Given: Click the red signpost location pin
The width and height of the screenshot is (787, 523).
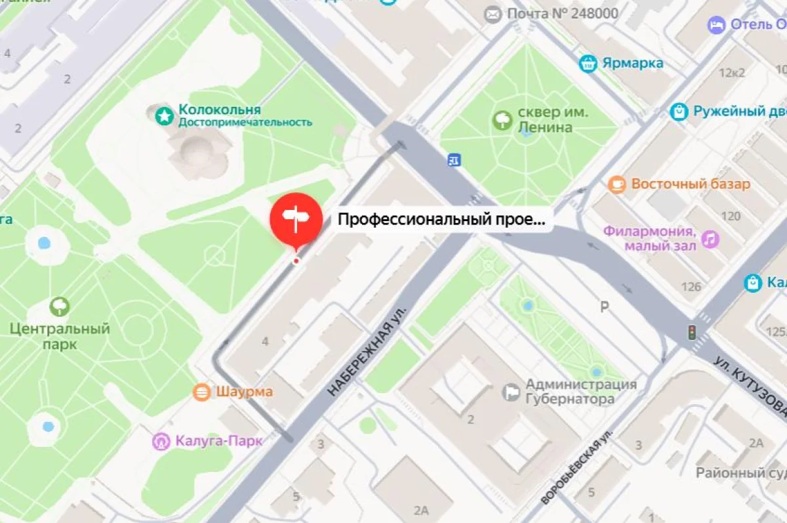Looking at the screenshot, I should click(x=296, y=219).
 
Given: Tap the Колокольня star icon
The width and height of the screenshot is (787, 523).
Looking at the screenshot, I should click(x=164, y=116).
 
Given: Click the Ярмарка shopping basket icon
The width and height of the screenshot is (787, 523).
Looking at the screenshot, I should click(x=588, y=64).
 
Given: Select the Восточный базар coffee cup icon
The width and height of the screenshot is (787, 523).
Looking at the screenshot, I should click(x=617, y=184).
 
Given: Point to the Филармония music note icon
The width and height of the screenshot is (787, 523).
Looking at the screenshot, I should click(x=709, y=239).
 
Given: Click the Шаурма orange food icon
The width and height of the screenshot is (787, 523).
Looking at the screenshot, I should click(x=201, y=392).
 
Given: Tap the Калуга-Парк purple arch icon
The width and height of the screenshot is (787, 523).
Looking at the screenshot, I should click(x=161, y=441).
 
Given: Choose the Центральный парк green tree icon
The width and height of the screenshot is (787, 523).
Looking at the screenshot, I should click(x=60, y=306).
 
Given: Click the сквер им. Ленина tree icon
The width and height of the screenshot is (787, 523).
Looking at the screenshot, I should click(x=502, y=119).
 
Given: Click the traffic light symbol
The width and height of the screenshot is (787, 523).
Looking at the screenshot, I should click(x=691, y=332).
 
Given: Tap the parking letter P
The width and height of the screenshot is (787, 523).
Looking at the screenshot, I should click(x=605, y=306).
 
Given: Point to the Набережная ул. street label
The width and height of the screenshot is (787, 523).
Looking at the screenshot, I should click(x=368, y=350).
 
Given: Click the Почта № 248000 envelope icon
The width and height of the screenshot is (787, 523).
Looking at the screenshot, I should click(x=492, y=14).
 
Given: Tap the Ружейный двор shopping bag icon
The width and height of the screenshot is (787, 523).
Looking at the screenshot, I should click(x=679, y=112).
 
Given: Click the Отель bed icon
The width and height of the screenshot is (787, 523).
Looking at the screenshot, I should click(x=716, y=25).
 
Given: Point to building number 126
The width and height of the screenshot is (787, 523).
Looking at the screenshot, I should click(x=691, y=287).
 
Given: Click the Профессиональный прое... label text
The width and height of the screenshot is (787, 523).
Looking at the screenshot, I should click(x=441, y=220).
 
